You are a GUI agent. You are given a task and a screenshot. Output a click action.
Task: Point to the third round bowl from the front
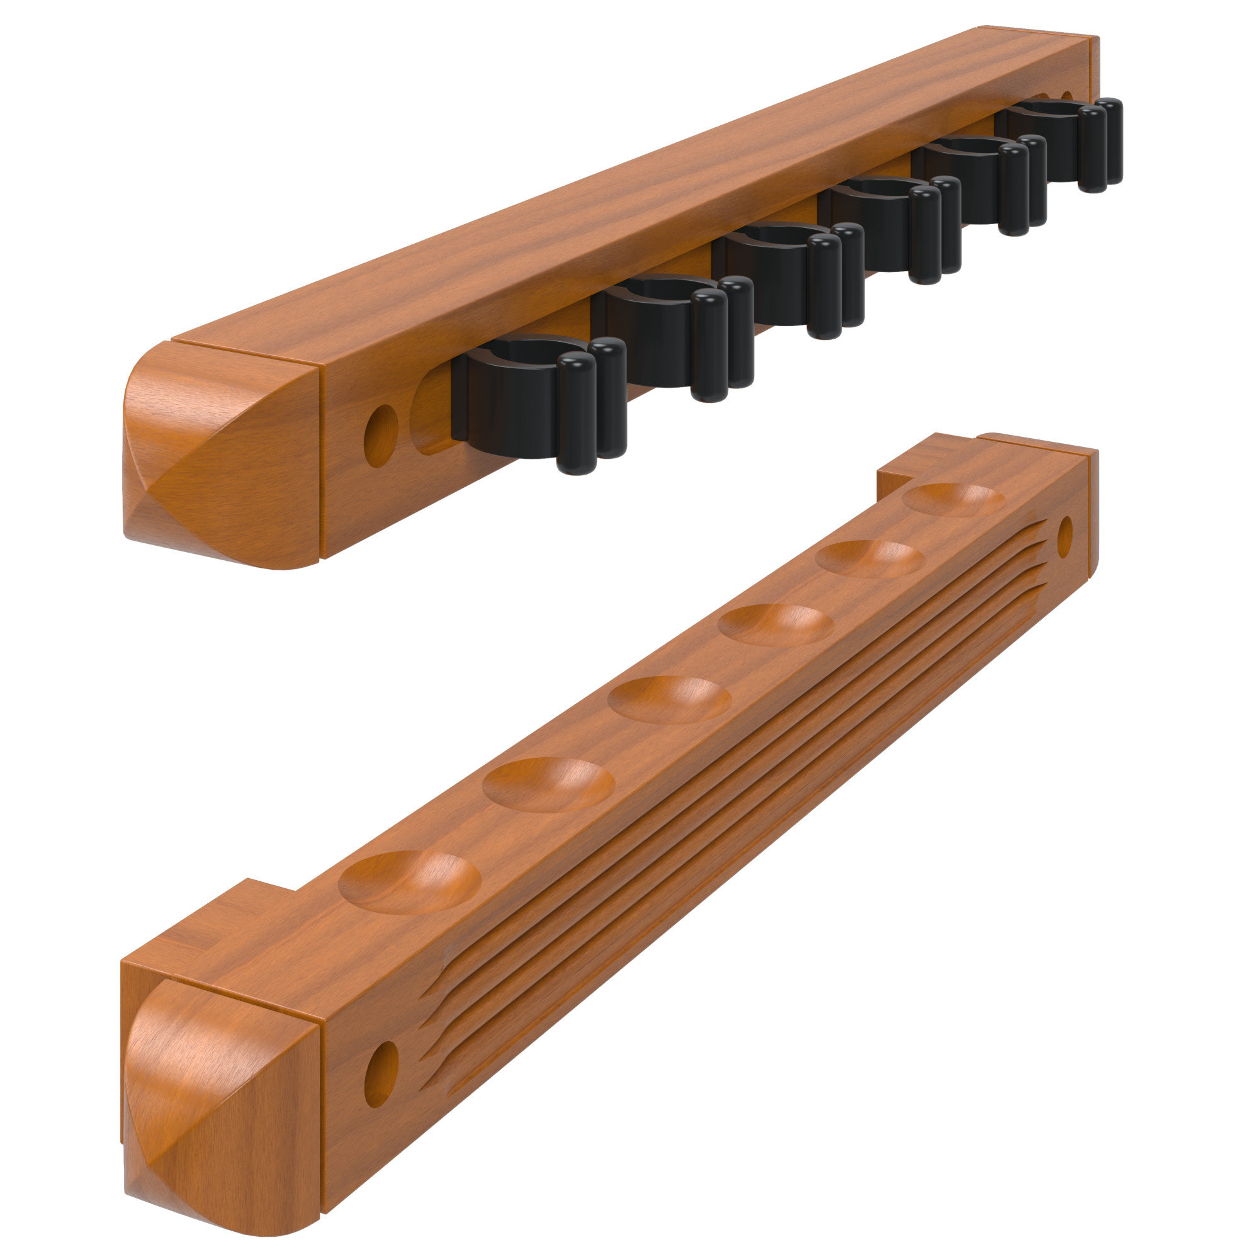click(x=669, y=700)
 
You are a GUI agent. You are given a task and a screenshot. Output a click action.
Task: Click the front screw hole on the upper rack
click(x=381, y=436)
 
